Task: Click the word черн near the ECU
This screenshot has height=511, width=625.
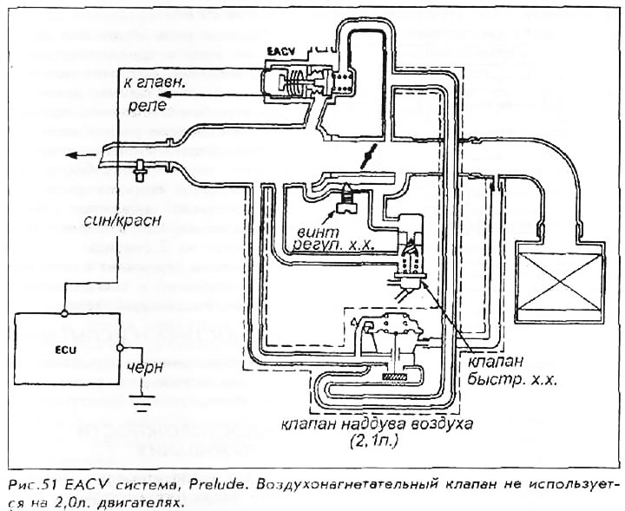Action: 145,367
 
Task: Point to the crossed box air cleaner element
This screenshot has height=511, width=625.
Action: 557,284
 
